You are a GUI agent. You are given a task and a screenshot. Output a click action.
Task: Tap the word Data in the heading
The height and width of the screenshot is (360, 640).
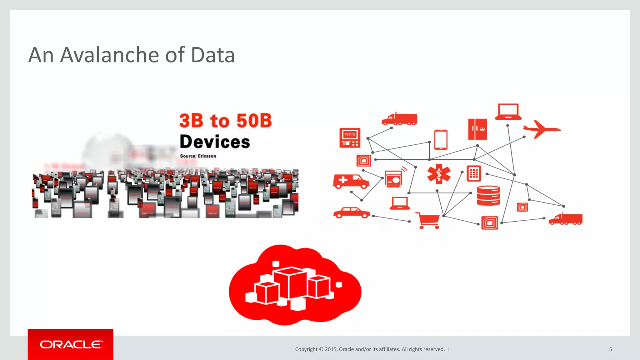tap(212, 55)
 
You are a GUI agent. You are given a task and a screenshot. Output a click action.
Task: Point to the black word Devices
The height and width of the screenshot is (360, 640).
tap(215, 142)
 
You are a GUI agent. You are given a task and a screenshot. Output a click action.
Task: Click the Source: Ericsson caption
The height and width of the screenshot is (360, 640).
tap(198, 156)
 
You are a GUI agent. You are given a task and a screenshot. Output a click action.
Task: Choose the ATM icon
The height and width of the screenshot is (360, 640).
tap(350, 138)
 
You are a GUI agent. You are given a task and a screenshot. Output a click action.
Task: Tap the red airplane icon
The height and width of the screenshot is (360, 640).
tap(541, 129)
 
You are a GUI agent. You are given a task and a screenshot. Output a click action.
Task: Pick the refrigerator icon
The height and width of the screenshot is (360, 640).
tap(477, 129)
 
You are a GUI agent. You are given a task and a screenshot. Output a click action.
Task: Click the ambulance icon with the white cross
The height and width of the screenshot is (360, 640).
tap(351, 181)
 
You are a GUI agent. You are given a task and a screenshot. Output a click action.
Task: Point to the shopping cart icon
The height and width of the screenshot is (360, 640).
tap(428, 220)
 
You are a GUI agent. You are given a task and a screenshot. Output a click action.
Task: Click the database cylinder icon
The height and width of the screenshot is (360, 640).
tap(488, 196)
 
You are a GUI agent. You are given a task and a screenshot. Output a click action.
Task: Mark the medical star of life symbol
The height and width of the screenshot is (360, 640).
tap(439, 174)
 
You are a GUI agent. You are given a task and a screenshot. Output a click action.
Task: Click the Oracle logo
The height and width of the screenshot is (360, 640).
tap(71, 344)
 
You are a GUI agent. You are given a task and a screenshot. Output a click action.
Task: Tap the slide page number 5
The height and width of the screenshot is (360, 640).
tap(610, 349)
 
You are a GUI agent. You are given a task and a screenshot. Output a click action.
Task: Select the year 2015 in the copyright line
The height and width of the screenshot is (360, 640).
tap(330, 349)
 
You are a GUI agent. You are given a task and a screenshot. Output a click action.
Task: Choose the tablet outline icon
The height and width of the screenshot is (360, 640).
tap(441, 140)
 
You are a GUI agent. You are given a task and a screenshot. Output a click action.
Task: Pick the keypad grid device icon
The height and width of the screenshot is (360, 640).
tap(474, 173)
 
